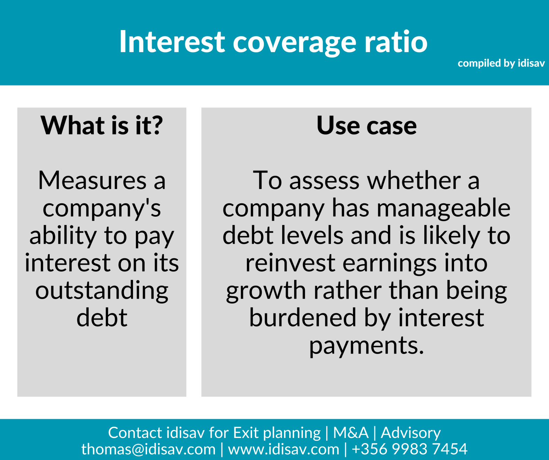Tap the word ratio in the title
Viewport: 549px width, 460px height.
click(396, 41)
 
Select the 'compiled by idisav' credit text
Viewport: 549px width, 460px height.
click(501, 63)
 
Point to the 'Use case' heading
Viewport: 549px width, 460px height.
click(367, 126)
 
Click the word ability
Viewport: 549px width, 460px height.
click(63, 236)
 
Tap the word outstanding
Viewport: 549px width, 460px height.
click(102, 291)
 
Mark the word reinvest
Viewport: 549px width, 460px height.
click(290, 263)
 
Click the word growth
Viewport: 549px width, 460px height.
click(266, 291)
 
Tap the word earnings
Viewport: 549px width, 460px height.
click(390, 263)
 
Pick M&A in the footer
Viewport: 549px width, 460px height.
click(351, 433)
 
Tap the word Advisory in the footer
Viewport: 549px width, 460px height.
click(411, 433)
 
